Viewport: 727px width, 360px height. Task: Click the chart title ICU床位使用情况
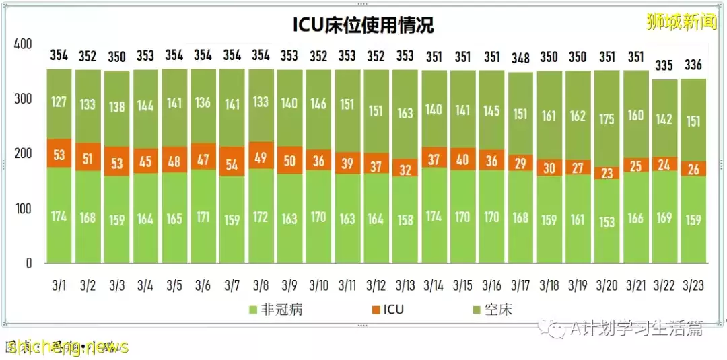tap(363, 26)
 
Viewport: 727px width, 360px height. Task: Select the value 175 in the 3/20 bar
tap(607, 119)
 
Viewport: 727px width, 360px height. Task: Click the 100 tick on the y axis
tap(23, 209)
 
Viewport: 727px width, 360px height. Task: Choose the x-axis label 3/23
tap(693, 285)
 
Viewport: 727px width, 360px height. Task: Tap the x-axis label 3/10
tap(319, 285)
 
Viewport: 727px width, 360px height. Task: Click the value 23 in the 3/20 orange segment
tap(607, 173)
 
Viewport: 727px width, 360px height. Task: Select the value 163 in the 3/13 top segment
tap(405, 114)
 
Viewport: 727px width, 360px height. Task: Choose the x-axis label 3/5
tap(174, 285)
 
